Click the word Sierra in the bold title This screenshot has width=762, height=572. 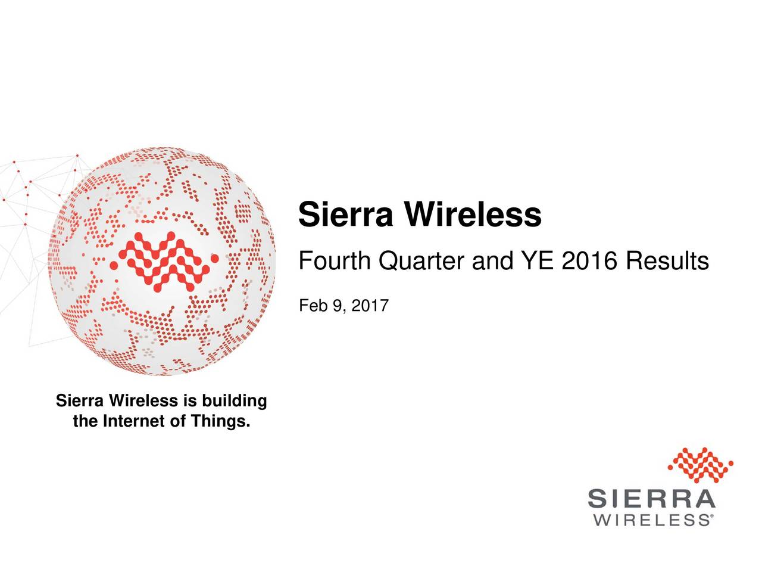tap(345, 215)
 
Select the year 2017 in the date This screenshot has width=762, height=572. tap(369, 306)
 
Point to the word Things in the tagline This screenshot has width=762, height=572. tap(218, 422)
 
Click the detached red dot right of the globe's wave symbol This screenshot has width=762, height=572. tap(215, 258)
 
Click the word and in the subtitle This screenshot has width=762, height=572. tap(495, 261)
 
